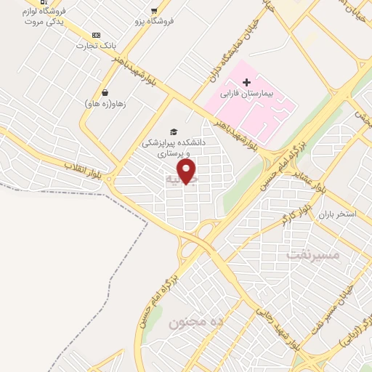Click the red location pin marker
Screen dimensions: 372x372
click(x=187, y=171)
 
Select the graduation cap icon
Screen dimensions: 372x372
click(x=173, y=132)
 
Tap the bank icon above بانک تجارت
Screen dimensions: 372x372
click(x=96, y=35)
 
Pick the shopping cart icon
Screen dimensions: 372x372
click(x=153, y=10)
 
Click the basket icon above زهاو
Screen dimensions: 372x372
click(x=106, y=92)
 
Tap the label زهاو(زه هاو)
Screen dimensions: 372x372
click(x=105, y=104)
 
